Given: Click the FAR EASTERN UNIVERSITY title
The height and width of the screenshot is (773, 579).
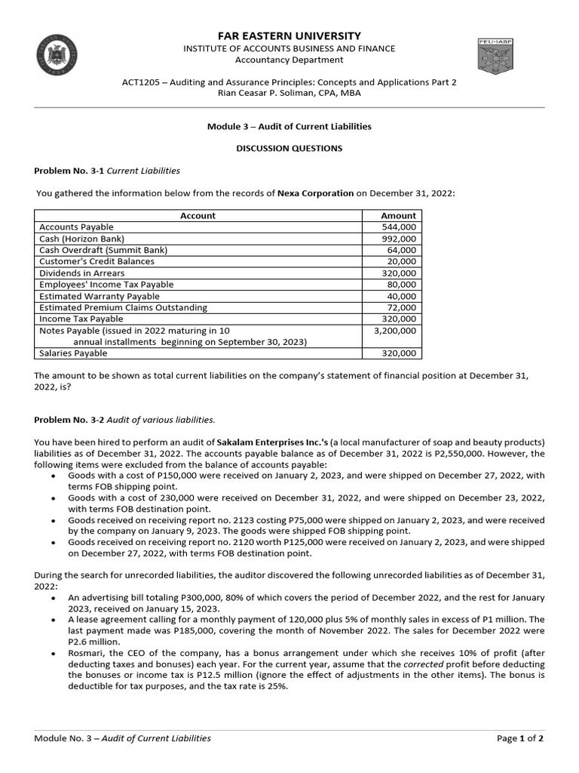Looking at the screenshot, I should click(x=289, y=35).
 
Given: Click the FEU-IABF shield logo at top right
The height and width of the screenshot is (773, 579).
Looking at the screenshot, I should click(x=495, y=57).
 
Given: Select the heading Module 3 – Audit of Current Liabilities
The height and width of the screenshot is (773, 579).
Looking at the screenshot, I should click(x=289, y=127).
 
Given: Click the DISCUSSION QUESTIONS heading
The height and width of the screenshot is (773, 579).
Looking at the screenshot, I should click(x=289, y=148).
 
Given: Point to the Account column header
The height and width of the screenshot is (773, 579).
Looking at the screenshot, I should click(x=198, y=216).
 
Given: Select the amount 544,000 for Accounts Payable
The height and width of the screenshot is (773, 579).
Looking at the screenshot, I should click(x=399, y=227).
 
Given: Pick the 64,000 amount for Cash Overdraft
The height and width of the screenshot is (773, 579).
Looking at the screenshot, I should click(x=402, y=250).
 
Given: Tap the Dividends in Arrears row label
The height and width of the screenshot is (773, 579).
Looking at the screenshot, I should click(x=82, y=273).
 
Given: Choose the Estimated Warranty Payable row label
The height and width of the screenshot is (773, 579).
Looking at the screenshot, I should click(x=100, y=296).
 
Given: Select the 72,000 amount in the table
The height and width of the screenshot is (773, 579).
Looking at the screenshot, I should click(x=402, y=308).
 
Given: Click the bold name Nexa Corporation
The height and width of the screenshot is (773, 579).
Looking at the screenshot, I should click(x=315, y=193).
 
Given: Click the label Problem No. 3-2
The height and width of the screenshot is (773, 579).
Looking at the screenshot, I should click(x=69, y=419).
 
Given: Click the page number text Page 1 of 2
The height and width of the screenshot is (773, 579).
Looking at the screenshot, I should click(x=520, y=738).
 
